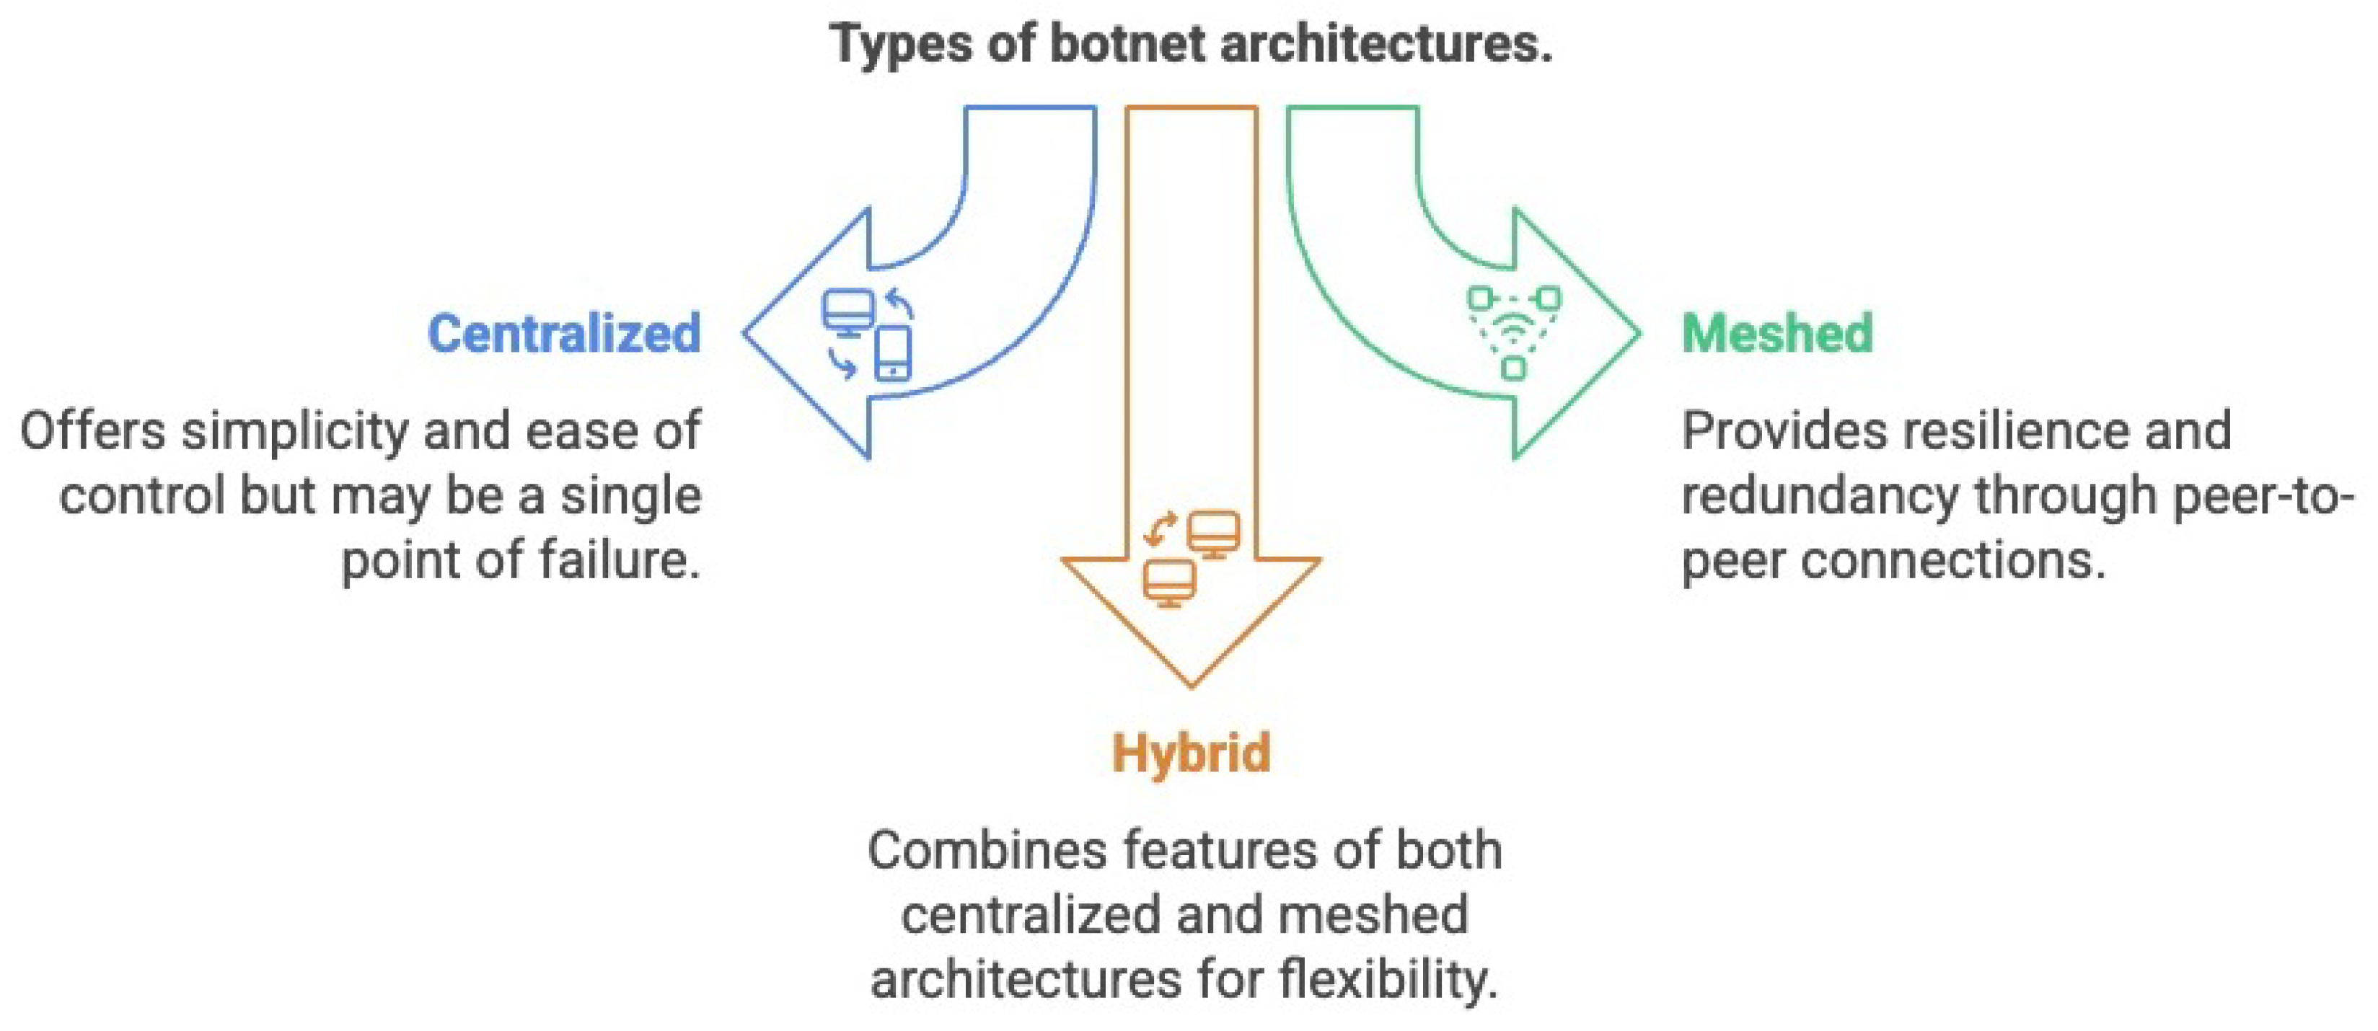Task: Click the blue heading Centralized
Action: [564, 333]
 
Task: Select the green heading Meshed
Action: [1777, 333]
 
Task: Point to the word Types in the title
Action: [900, 43]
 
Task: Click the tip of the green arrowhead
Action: [1639, 333]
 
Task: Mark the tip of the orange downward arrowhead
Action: [1191, 686]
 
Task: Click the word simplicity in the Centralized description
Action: [294, 431]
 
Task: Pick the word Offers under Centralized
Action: [92, 431]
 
